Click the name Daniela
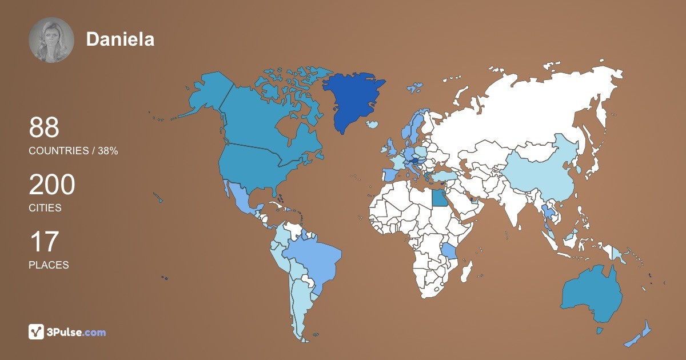pyautogui.click(x=120, y=39)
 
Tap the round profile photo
pyautogui.click(x=51, y=39)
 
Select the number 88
pyautogui.click(x=44, y=128)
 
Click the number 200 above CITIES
pyautogui.click(x=52, y=186)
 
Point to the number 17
pyautogui.click(x=44, y=242)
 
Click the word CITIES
pyautogui.click(x=45, y=208)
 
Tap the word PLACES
pyautogui.click(x=49, y=265)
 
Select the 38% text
pyautogui.click(x=107, y=151)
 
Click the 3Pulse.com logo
pyautogui.click(x=67, y=331)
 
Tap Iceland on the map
pyautogui.click(x=373, y=124)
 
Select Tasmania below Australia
pyautogui.click(x=600, y=331)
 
